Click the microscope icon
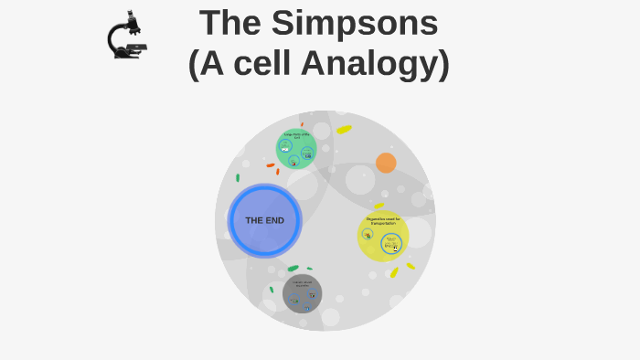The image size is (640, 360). [127, 37]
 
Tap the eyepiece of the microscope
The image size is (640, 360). [131, 16]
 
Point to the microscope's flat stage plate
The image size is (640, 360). [136, 46]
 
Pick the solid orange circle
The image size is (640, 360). [386, 163]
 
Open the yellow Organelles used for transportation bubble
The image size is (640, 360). [383, 235]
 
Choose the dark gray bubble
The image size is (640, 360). [302, 293]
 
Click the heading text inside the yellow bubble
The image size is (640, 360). [383, 220]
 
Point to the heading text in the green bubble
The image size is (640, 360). [296, 135]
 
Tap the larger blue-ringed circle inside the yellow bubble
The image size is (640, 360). [391, 244]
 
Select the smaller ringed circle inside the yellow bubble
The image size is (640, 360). [368, 235]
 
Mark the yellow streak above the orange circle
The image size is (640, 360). [344, 130]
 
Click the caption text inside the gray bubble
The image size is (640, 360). [302, 283]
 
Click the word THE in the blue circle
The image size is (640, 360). [254, 220]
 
